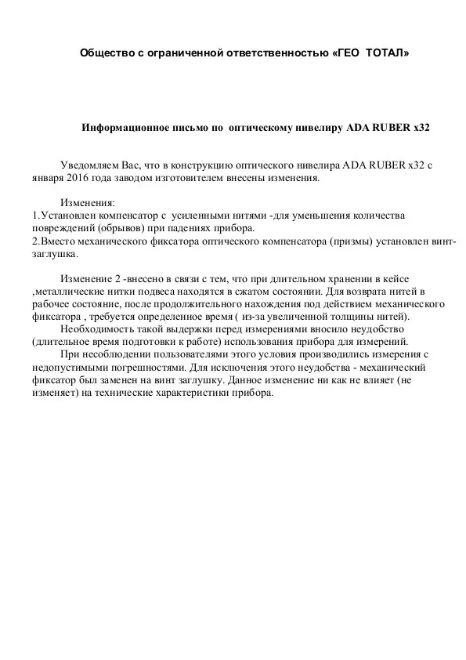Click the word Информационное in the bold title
point(122,126)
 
